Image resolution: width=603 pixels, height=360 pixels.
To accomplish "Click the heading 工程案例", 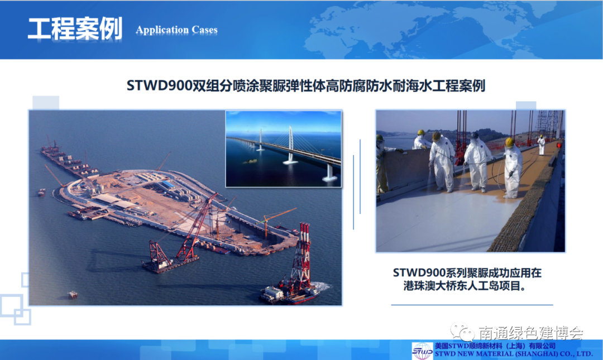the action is click(75, 28).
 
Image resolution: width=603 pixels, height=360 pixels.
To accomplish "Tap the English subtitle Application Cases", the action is click(176, 30).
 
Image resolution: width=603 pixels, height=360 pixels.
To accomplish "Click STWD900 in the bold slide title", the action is click(159, 85).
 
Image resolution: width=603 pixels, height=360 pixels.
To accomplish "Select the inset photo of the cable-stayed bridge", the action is click(284, 149).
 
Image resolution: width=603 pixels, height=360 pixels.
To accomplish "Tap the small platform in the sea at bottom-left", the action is click(73, 295).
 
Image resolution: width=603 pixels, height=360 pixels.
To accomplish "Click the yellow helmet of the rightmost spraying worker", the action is click(510, 142).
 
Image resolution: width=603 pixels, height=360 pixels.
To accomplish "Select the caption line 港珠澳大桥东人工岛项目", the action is click(465, 286).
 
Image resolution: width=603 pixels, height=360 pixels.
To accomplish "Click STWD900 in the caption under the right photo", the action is click(419, 273).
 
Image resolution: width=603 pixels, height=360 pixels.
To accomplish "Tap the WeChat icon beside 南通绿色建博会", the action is click(462, 332).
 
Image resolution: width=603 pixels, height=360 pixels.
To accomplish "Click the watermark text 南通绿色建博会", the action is click(531, 333).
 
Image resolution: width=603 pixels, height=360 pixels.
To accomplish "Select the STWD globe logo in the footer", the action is click(423, 351).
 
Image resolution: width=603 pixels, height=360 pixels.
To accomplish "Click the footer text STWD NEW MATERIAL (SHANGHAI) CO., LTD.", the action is click(514, 354).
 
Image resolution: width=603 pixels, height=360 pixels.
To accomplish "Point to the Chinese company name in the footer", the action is click(495, 346).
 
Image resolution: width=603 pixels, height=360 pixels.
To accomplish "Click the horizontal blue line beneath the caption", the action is click(472, 305).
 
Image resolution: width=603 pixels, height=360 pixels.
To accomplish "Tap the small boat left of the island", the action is click(41, 192).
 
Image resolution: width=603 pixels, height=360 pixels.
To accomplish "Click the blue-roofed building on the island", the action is click(167, 185).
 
